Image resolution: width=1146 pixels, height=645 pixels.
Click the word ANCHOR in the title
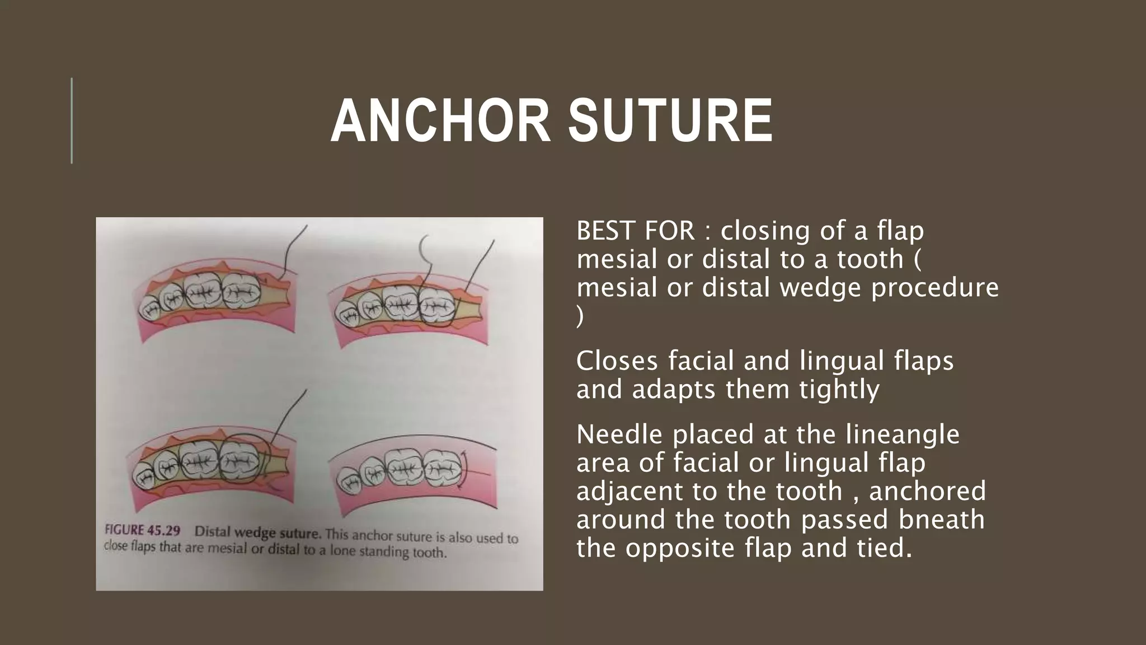pos(440,121)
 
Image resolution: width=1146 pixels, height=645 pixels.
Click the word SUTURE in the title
pos(670,121)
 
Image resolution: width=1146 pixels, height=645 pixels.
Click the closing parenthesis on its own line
pos(580,317)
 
